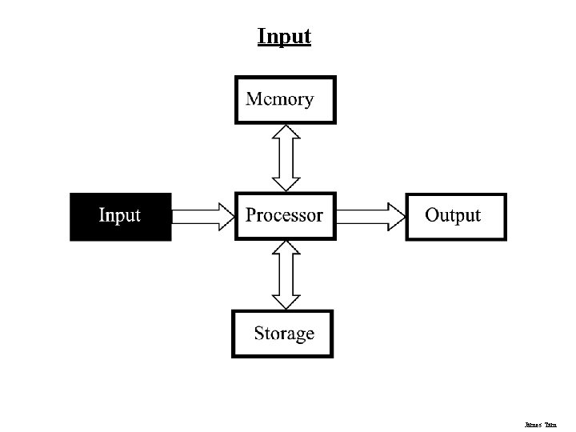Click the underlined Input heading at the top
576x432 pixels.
coord(284,37)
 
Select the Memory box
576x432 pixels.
coord(285,100)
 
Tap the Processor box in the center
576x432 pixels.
coord(285,215)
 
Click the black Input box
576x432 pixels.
coord(120,216)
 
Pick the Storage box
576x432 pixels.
coord(282,334)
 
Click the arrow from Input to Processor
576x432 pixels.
coord(202,216)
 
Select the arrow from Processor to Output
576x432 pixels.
coord(370,216)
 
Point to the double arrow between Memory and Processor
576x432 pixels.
coord(286,158)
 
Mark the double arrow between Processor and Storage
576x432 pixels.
coord(286,274)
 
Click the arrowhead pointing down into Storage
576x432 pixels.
coord(286,300)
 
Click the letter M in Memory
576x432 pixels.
coord(255,99)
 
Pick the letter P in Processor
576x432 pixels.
coord(251,215)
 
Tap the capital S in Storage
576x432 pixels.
coord(260,333)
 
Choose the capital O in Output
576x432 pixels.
coord(433,215)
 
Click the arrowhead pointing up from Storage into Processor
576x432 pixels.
coord(286,249)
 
